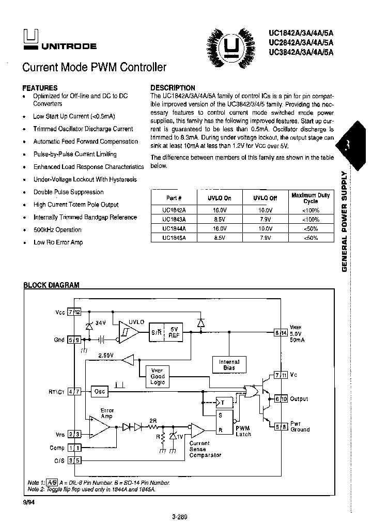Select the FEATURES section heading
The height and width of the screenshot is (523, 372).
(x=40, y=88)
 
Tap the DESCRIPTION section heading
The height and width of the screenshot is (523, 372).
(x=173, y=88)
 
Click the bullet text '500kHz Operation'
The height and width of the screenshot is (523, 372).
(x=57, y=230)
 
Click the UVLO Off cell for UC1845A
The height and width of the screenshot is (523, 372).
(x=265, y=238)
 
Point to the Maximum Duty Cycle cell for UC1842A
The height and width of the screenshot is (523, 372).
(x=310, y=210)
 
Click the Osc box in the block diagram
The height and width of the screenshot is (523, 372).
(x=99, y=391)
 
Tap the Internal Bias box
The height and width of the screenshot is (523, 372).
(x=229, y=365)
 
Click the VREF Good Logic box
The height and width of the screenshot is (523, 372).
(x=158, y=376)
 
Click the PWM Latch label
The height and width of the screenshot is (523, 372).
(x=243, y=431)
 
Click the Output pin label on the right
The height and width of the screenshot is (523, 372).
(x=299, y=399)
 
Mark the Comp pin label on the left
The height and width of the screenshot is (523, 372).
(x=57, y=448)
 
